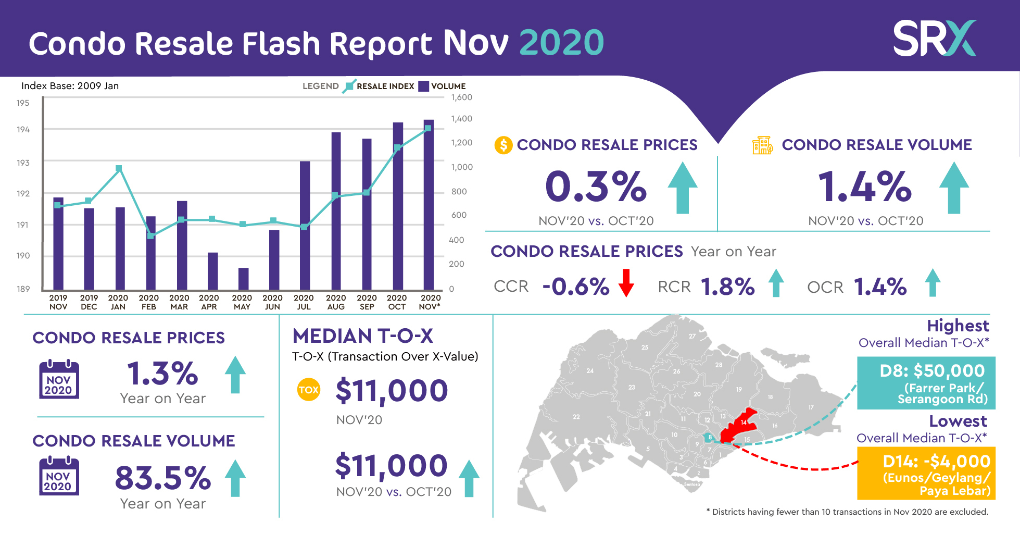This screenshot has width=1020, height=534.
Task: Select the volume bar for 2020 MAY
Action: tap(243, 279)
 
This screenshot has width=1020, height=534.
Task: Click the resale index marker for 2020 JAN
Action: tap(119, 168)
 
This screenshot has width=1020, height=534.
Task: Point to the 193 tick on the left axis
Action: tap(23, 163)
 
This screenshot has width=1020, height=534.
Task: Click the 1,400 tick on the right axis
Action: tap(461, 119)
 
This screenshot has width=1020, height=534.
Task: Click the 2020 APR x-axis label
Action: tap(209, 302)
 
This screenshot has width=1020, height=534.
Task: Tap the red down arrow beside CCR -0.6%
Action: tap(626, 283)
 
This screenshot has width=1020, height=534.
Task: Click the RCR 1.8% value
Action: tap(727, 287)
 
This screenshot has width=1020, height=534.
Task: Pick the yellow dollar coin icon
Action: tap(503, 145)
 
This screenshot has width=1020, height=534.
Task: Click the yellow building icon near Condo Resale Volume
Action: tap(762, 145)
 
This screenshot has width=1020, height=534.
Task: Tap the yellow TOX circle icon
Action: tap(308, 390)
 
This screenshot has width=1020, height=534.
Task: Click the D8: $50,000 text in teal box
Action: tap(931, 371)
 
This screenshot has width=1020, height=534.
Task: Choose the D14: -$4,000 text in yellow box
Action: tap(936, 462)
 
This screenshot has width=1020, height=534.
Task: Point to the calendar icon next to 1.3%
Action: tap(59, 380)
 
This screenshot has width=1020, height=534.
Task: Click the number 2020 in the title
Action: tap(561, 43)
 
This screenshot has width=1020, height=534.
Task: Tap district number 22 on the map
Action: tap(576, 417)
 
